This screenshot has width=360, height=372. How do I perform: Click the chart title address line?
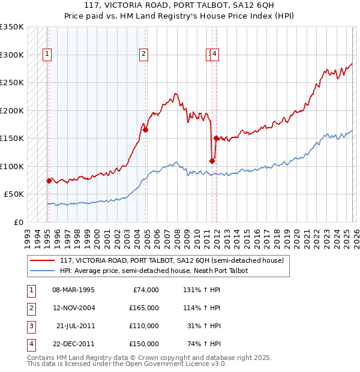pos(180,5)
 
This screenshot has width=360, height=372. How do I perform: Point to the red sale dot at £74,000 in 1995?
pos(49,181)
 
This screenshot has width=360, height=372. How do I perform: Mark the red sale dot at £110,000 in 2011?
pos(212,161)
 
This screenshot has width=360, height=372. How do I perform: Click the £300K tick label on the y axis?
pos(12,55)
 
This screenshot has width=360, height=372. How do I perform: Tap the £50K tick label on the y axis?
pos(14,194)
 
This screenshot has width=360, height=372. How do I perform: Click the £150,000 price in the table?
pos(145,344)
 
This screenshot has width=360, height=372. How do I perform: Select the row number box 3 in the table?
pos(30,326)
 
